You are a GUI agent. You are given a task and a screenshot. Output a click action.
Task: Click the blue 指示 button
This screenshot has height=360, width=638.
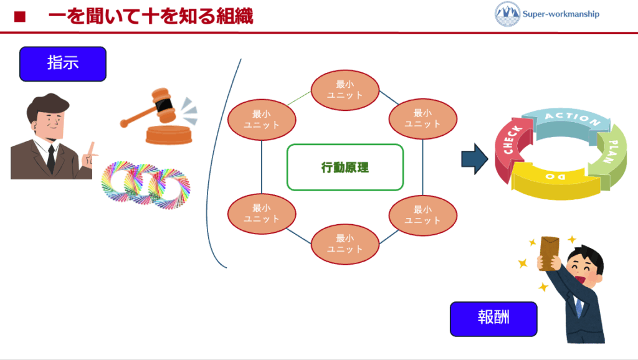click(x=63, y=64)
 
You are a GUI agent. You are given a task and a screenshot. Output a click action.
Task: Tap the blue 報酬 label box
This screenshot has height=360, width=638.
click(x=493, y=318)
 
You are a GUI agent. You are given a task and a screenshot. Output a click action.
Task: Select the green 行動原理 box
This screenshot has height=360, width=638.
click(x=345, y=167)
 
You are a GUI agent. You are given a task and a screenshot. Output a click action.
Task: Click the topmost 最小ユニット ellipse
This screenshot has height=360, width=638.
click(x=345, y=90)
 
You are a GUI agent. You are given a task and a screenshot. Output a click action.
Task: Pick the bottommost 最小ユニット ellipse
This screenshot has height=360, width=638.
click(x=345, y=244)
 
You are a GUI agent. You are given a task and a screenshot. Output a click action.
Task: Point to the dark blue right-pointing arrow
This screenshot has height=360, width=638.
click(x=474, y=159)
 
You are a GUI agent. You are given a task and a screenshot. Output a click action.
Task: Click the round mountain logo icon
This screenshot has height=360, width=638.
click(x=507, y=14)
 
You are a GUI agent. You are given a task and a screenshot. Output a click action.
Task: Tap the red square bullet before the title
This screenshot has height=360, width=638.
click(x=19, y=17)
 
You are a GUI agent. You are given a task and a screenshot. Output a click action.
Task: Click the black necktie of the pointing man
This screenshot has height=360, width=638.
click(x=50, y=159)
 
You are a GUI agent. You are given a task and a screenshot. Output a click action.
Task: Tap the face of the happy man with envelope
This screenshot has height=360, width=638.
click(x=585, y=272)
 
